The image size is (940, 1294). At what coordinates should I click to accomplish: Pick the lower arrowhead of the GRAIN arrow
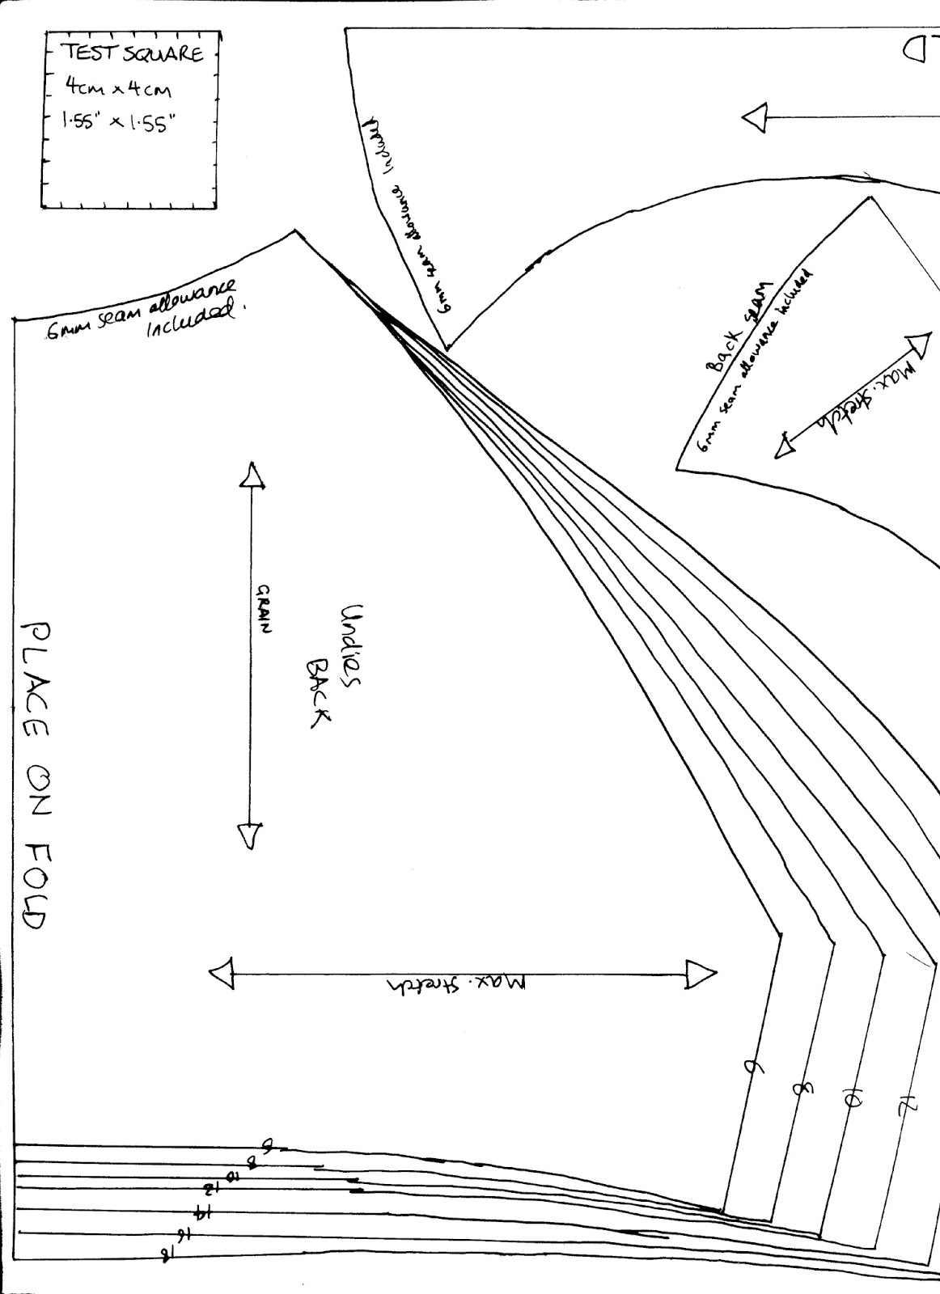coord(248,835)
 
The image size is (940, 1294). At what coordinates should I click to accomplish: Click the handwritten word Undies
coord(355,644)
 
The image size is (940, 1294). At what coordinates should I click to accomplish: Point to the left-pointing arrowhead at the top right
coord(754,119)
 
